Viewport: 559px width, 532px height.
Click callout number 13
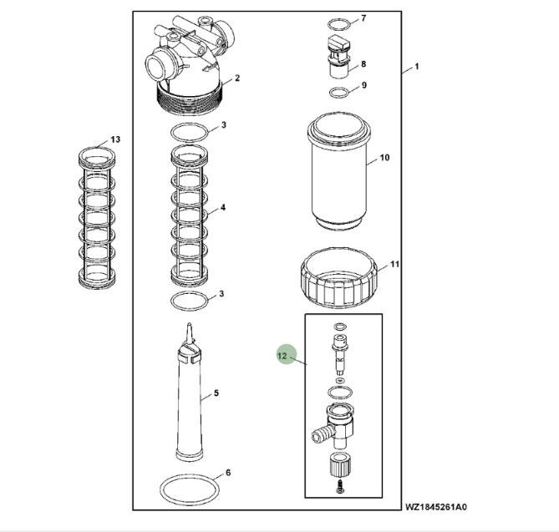pos(115,139)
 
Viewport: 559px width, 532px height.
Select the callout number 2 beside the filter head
pos(237,78)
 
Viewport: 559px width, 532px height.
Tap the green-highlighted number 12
pos(282,356)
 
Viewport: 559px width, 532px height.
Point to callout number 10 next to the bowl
pos(384,158)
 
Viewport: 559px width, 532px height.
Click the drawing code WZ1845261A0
pos(435,507)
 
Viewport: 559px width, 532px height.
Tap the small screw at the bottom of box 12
pos(340,487)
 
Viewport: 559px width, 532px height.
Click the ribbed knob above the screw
pos(340,464)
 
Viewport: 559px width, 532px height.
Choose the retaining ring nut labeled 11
pos(338,279)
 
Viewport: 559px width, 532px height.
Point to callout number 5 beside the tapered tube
pos(216,393)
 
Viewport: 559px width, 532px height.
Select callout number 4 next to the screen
pos(223,207)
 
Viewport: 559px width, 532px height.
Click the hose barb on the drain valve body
pos(319,434)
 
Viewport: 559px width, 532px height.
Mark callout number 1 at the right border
pos(416,66)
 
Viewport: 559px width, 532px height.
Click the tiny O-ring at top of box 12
pos(340,327)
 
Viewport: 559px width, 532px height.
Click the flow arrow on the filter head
pos(209,67)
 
